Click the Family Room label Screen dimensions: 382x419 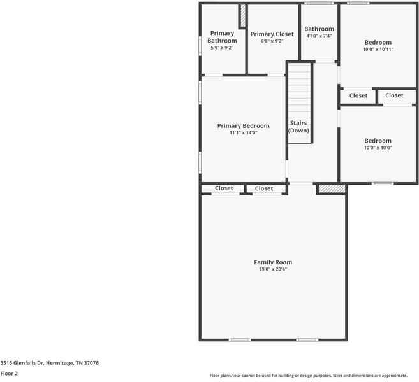[x=273, y=262]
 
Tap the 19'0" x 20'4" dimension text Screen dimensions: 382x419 [x=273, y=269]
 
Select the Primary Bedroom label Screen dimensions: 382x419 [x=243, y=126]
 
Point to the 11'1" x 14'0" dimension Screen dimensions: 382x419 [x=243, y=133]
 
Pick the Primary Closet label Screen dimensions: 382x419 [x=272, y=34]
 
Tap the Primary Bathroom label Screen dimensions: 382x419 [x=222, y=37]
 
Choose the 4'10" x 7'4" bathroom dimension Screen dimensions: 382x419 [x=319, y=36]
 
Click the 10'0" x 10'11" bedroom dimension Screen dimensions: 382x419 [x=378, y=49]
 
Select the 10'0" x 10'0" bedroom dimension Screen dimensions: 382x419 [x=378, y=148]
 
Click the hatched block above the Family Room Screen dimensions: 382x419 [x=332, y=189]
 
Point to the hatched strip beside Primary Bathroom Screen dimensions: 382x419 [x=243, y=16]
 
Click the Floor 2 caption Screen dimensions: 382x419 [x=9, y=374]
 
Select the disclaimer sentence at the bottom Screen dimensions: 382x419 [x=309, y=375]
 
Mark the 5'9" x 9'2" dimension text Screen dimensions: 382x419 [x=222, y=48]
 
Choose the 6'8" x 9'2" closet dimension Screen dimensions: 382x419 [x=272, y=41]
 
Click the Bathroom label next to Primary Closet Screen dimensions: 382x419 [x=319, y=29]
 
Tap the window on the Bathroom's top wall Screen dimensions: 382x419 [x=319, y=4]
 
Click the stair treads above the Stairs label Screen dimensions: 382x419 [x=298, y=89]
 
